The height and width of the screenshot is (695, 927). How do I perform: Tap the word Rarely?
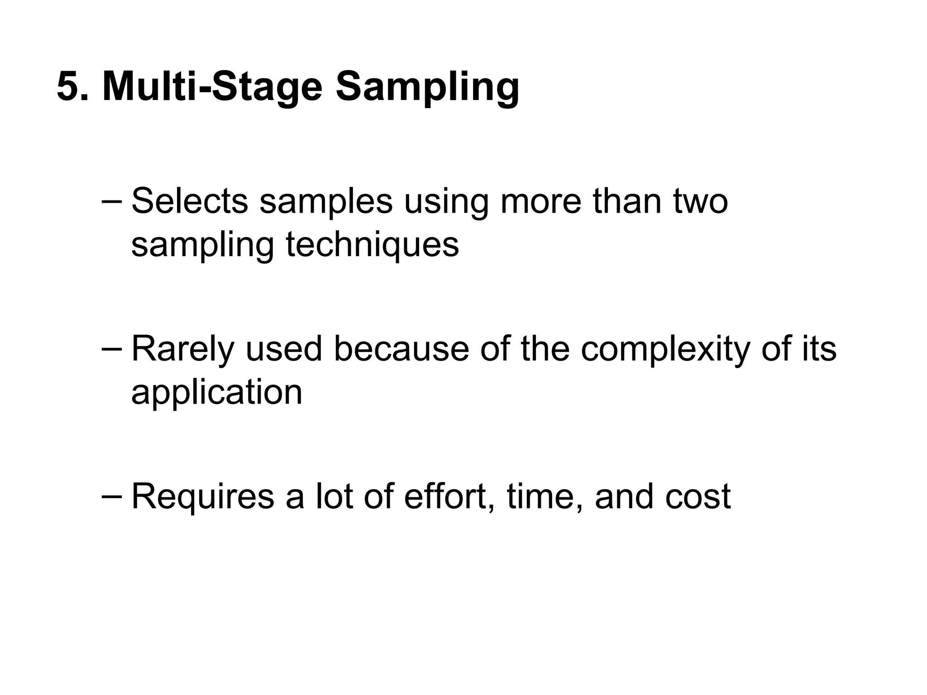(x=183, y=350)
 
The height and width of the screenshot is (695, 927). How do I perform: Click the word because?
(x=401, y=349)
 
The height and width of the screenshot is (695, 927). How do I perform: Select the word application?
(x=216, y=393)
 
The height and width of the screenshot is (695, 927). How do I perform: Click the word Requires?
(x=203, y=497)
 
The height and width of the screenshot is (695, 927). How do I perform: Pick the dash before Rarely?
(x=111, y=349)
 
